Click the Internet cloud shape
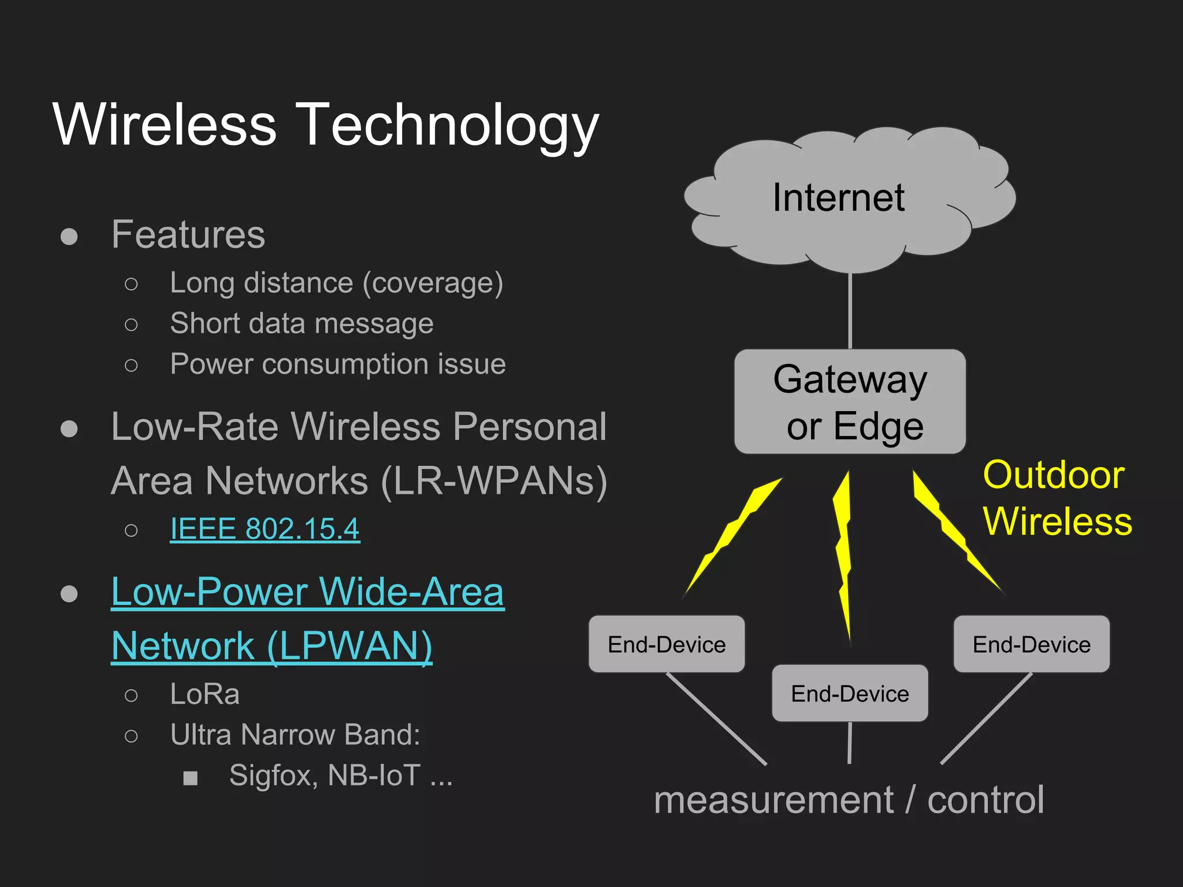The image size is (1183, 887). pos(849,199)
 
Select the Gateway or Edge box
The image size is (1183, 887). pos(850,401)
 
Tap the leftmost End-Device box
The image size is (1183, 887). pos(667,644)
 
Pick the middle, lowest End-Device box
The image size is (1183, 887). pos(850,693)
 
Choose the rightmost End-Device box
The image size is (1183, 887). pos(1031,644)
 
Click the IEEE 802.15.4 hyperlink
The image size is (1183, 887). pos(265,528)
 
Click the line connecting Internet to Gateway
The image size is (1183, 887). pos(850,312)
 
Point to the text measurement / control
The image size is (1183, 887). pos(849,800)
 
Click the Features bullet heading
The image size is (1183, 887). pos(188,234)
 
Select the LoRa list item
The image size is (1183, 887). pos(204,694)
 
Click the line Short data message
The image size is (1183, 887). pos(302,323)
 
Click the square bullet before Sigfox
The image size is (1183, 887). pos(191,778)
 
